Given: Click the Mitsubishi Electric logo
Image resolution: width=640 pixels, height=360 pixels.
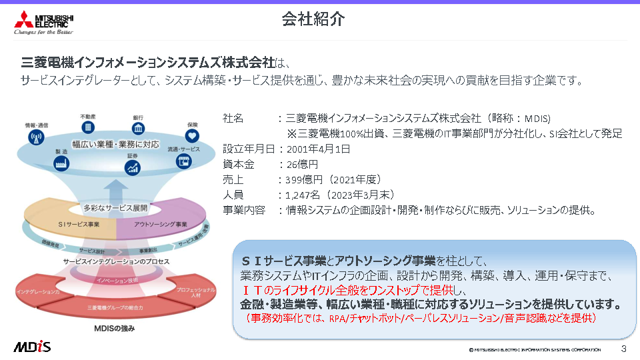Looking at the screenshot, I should [x=44, y=22].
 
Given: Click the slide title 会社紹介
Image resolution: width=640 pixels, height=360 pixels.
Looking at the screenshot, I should [x=313, y=20].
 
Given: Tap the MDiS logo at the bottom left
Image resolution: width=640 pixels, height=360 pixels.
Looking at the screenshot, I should [x=32, y=347].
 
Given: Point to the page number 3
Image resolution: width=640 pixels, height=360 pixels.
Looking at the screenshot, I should [x=623, y=349].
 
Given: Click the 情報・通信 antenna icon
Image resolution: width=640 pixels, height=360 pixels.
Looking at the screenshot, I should [x=36, y=137].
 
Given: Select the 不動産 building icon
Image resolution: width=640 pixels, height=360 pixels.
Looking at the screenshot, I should [x=87, y=127].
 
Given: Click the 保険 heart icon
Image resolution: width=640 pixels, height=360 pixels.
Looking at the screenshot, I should [x=192, y=135].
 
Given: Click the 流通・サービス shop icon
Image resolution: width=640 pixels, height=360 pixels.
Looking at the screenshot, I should [x=182, y=161].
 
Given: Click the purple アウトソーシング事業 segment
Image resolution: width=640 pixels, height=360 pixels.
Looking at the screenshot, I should [x=160, y=224].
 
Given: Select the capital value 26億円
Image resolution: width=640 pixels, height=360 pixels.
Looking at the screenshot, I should [x=302, y=164].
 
